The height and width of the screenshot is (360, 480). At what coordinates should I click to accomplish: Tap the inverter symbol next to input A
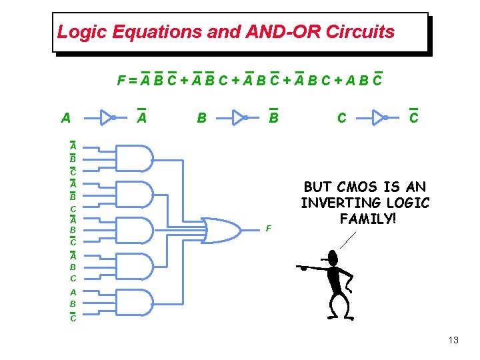109,118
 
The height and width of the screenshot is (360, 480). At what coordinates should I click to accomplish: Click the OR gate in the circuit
223,230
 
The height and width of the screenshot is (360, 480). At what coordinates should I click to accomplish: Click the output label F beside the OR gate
268,229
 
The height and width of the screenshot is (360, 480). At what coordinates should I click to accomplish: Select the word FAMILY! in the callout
365,218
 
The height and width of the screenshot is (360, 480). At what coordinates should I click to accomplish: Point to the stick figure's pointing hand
303,267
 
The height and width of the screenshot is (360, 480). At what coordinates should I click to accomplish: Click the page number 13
453,341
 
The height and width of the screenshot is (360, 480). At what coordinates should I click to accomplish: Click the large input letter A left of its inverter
65,118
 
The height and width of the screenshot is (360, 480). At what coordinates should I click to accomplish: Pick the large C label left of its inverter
342,118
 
